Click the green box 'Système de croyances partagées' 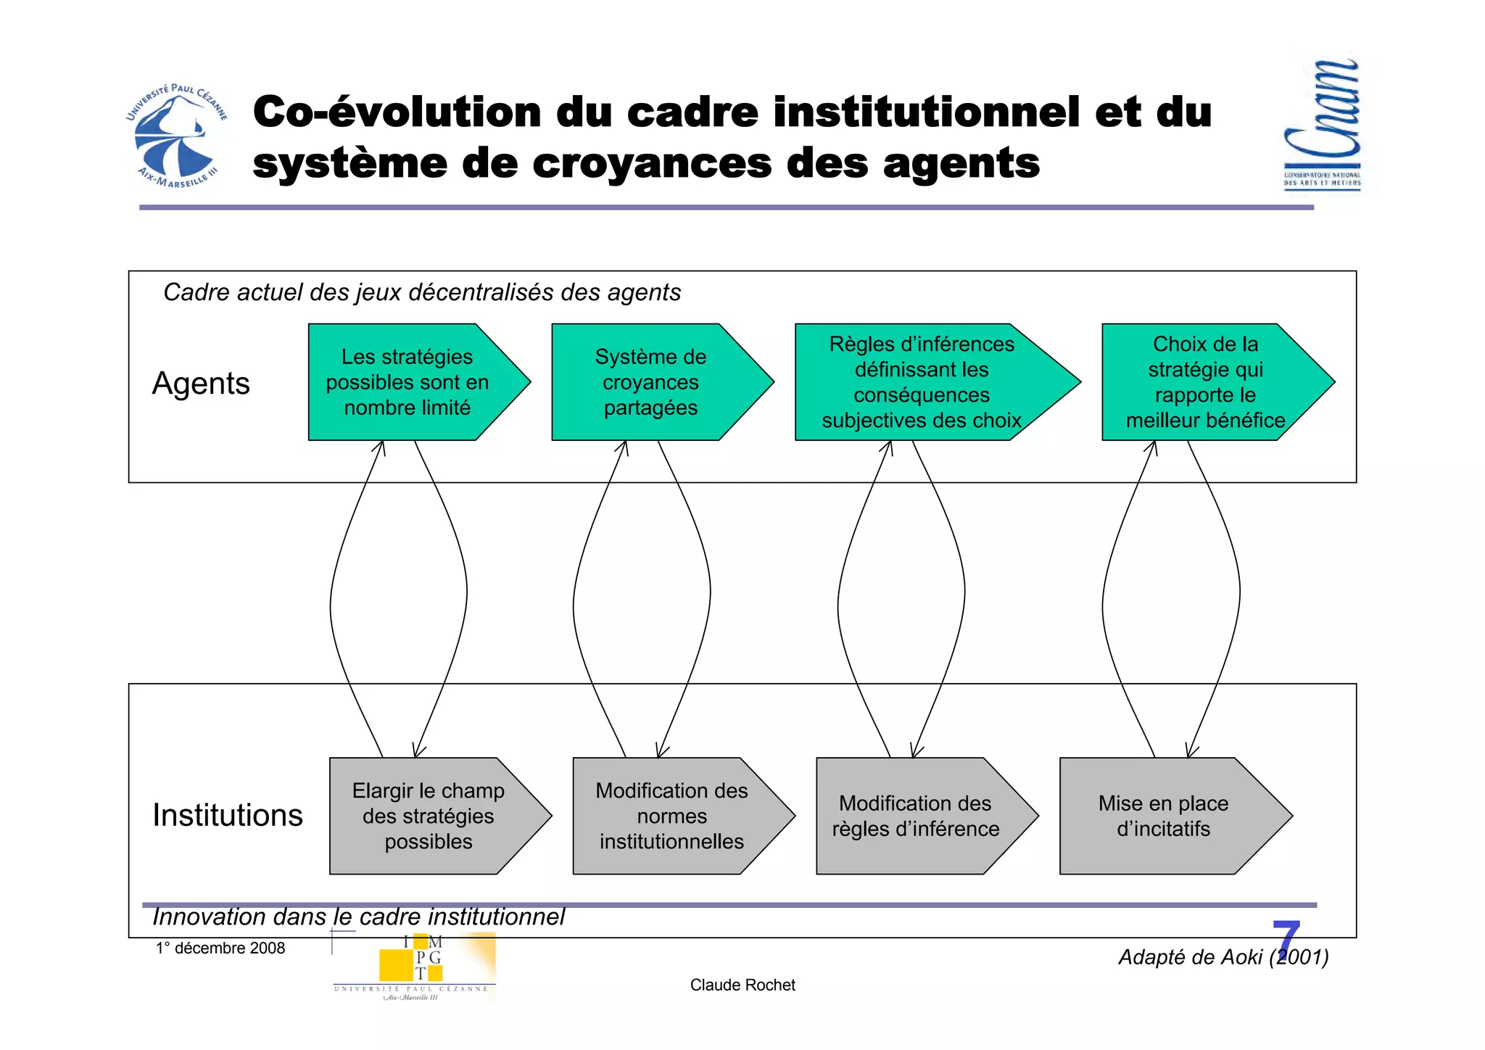click(650, 382)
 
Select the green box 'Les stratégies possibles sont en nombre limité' click(408, 382)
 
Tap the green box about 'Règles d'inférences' click(922, 382)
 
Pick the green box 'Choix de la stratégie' click(1205, 382)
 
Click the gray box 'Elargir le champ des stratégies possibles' click(429, 816)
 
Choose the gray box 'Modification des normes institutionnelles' click(671, 816)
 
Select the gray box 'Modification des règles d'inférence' click(915, 816)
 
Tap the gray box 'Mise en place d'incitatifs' click(1163, 816)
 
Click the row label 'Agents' click(201, 383)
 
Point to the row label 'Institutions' click(227, 815)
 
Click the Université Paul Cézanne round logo click(176, 136)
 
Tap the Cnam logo click(1322, 125)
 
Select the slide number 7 click(1286, 940)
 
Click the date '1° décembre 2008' click(220, 948)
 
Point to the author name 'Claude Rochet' click(742, 985)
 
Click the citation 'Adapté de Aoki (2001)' click(1223, 957)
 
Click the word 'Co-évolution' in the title click(397, 112)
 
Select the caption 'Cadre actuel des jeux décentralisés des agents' click(422, 292)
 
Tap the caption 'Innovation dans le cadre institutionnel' click(358, 917)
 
